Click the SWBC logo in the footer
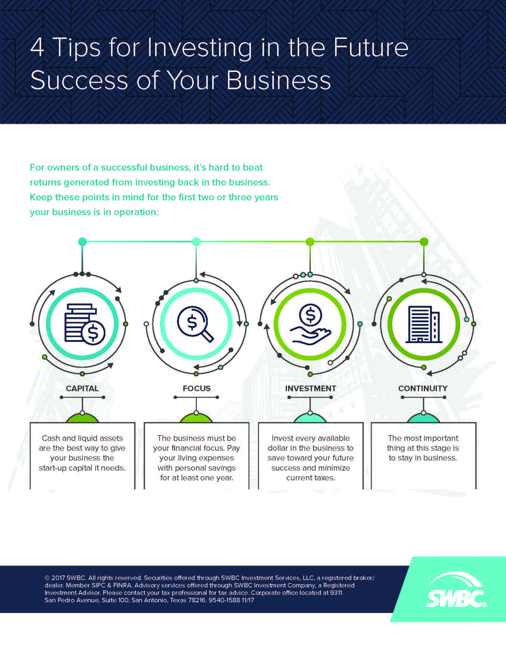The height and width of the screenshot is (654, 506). pos(456,589)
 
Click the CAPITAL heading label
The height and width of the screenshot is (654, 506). pos(82,389)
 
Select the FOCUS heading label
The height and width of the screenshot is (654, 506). pos(197,389)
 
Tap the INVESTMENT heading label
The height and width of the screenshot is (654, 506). pos(310,389)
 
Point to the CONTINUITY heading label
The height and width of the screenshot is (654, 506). pos(423,389)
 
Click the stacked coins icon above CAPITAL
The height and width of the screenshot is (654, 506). pos(85,324)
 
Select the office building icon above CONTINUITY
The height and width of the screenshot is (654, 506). pos(424,324)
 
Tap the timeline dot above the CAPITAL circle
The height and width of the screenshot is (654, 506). pos(82,242)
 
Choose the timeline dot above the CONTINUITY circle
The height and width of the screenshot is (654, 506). pos(424,242)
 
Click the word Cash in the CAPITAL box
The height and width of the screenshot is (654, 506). pos(51,438)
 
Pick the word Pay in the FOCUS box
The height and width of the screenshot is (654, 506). pos(234,448)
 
